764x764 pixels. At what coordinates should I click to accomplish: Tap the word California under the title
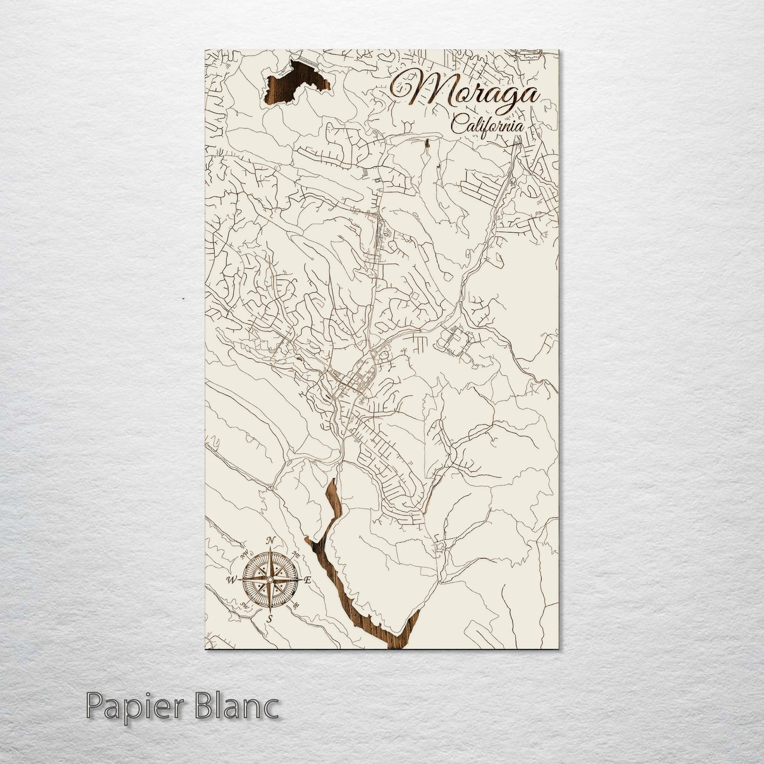[x=487, y=126]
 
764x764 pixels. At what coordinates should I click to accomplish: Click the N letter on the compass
[x=271, y=540]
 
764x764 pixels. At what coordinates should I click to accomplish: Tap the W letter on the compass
[x=231, y=580]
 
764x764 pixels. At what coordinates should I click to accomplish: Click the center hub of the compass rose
[x=270, y=580]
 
